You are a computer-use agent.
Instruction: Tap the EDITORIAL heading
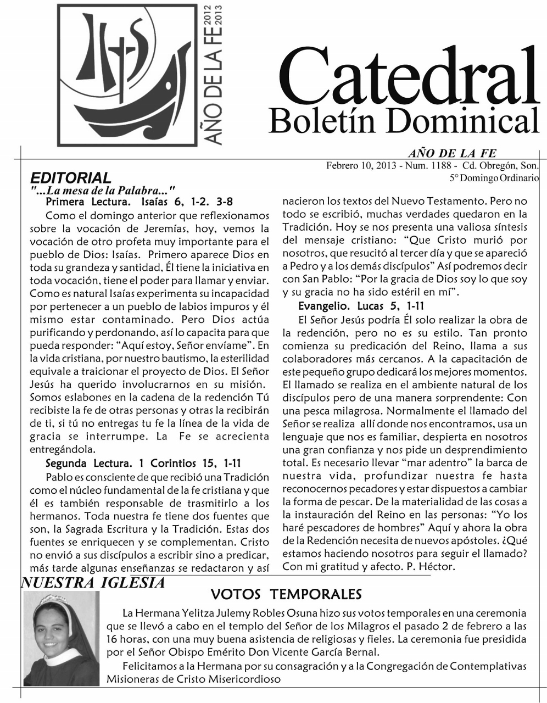click(x=71, y=178)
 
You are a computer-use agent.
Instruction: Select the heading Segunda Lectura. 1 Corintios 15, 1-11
click(x=143, y=462)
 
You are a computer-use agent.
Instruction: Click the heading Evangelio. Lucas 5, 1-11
click(x=360, y=305)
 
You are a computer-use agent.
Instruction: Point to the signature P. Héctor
click(x=409, y=566)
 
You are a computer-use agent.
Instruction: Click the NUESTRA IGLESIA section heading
click(x=92, y=583)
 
